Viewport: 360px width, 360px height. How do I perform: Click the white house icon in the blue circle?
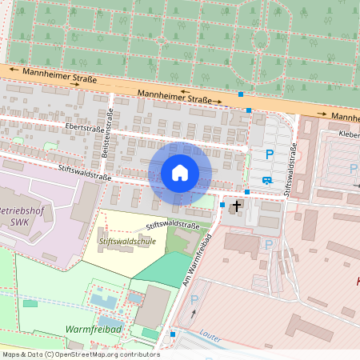pyautogui.click(x=180, y=173)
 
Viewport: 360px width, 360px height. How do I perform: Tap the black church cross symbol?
pyautogui.click(x=236, y=206)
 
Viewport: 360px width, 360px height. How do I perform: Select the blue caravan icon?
pyautogui.click(x=266, y=180)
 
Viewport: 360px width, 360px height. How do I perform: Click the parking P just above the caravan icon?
pyautogui.click(x=270, y=154)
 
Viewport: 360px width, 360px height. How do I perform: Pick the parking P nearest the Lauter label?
pyautogui.click(x=194, y=299)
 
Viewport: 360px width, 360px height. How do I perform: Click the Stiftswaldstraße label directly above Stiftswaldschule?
pyautogui.click(x=173, y=226)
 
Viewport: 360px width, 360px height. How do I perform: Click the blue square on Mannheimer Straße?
pyautogui.click(x=241, y=94)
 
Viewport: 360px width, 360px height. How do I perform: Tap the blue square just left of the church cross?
pyautogui.click(x=222, y=205)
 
